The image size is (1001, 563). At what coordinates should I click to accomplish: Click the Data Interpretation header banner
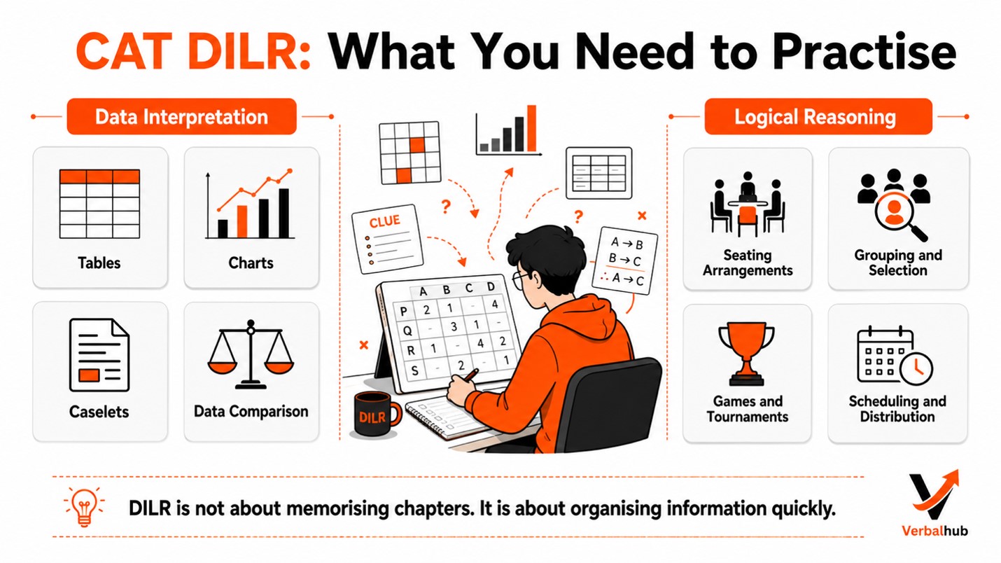tap(181, 117)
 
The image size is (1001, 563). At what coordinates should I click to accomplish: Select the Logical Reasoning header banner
tap(818, 117)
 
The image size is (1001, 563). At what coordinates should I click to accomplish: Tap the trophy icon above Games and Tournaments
tap(746, 353)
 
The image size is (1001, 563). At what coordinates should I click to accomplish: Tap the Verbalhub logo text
tap(935, 531)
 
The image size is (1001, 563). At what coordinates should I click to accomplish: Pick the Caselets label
tap(99, 412)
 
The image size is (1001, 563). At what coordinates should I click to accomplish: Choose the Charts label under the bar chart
tap(251, 263)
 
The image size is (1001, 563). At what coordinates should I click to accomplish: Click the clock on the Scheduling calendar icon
tap(916, 369)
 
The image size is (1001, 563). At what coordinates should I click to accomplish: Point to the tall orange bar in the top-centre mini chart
tap(531, 129)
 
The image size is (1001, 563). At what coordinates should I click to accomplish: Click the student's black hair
tap(546, 251)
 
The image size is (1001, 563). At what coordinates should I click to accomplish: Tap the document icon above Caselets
tap(99, 354)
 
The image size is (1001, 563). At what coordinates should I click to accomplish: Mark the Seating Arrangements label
tap(748, 263)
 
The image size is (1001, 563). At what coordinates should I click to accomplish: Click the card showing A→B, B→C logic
tap(625, 261)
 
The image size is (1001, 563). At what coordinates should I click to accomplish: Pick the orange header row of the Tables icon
tap(99, 176)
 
